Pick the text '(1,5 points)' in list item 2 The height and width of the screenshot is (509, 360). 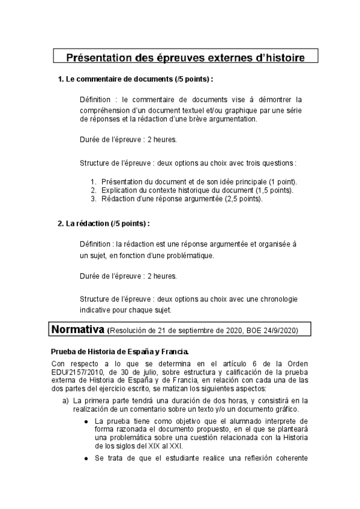[274, 190]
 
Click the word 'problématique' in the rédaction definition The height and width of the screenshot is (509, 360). [185, 255]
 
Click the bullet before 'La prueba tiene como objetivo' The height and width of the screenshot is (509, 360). [87, 421]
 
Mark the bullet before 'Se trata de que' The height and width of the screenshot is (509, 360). [87, 459]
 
